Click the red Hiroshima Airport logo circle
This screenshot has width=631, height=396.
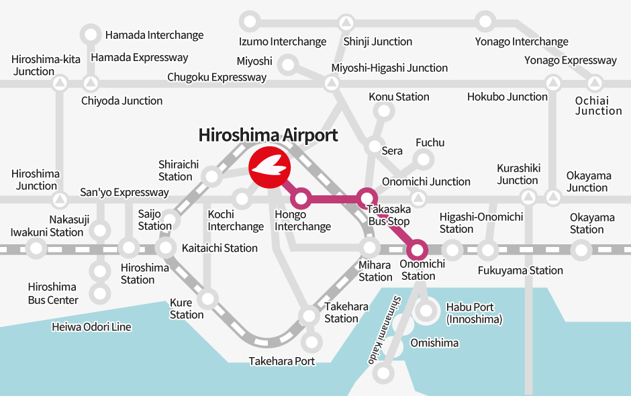point(269,166)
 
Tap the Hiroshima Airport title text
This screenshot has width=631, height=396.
point(268,135)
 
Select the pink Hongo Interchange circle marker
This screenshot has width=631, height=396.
point(301,199)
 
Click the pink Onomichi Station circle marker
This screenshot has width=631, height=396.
point(418,250)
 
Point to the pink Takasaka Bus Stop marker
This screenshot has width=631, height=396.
point(365,199)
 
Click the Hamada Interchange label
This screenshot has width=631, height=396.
point(154,35)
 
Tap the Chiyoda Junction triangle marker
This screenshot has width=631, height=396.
point(91,85)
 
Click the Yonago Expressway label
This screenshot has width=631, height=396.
point(570,60)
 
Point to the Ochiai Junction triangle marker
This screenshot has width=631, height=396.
point(594,85)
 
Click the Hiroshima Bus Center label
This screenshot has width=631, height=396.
point(53,293)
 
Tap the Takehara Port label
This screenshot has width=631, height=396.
point(281,361)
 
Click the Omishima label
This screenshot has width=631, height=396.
point(434,343)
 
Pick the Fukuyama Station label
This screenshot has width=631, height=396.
point(520,270)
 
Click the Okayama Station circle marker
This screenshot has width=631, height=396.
point(581,250)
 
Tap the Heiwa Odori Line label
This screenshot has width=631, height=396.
point(91,328)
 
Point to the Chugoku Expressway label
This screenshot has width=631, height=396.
point(217,77)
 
